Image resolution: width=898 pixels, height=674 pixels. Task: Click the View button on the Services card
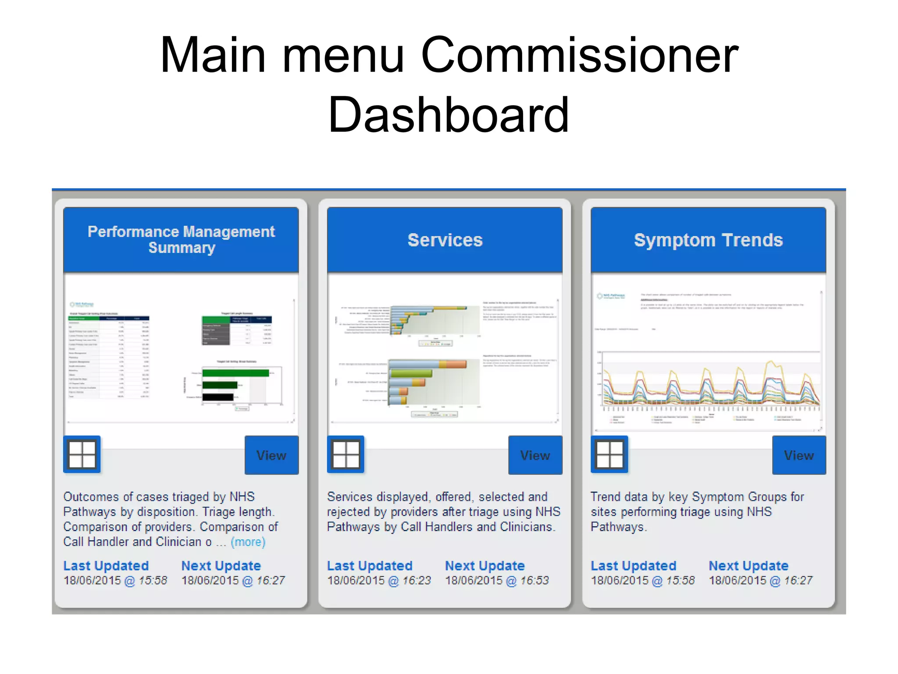click(535, 455)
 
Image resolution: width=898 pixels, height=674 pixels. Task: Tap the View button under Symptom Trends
click(799, 455)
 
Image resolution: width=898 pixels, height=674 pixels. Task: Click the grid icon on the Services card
click(346, 454)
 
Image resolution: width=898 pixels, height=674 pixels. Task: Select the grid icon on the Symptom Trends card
click(609, 454)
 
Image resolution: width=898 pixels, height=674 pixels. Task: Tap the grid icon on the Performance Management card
click(82, 454)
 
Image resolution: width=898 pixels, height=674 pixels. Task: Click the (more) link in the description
click(248, 542)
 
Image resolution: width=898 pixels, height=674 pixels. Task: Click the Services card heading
click(445, 240)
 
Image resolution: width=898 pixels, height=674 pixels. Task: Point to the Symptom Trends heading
click(708, 240)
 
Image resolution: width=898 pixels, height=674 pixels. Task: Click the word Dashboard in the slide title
click(448, 115)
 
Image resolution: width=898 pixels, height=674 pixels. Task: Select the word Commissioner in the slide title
click(580, 56)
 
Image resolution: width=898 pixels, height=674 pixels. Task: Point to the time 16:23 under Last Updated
click(417, 581)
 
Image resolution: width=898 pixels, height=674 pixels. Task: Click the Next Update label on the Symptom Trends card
click(748, 566)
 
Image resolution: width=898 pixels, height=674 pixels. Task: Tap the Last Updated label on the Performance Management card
click(106, 566)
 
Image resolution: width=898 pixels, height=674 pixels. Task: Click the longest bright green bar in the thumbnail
click(235, 373)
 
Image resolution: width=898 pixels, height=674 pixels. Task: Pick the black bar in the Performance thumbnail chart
click(218, 397)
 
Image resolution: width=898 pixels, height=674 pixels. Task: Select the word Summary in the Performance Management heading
click(182, 248)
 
